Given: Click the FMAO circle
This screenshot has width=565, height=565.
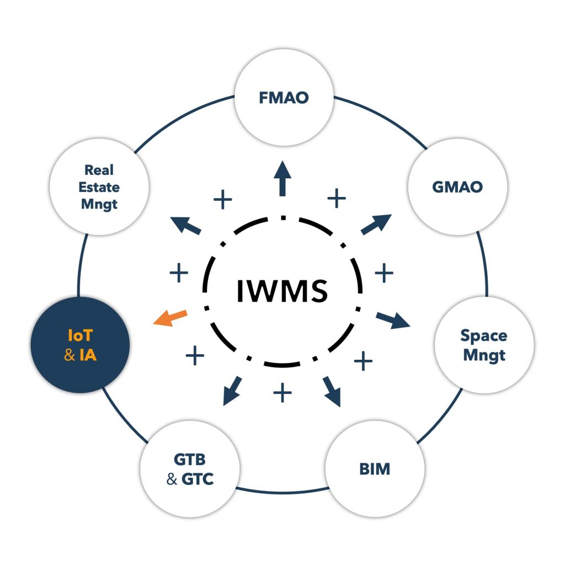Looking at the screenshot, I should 284,98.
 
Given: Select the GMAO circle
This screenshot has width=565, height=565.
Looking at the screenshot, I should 457,186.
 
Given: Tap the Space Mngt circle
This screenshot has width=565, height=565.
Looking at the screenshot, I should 484,345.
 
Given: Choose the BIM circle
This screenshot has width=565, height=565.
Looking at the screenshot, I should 375,470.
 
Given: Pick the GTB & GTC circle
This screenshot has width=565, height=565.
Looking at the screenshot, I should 189,468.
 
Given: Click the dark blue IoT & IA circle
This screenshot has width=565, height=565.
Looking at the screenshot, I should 80,345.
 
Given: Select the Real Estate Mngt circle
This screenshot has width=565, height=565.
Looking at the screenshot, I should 99,186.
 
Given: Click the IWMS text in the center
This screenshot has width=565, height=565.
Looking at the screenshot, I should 282,291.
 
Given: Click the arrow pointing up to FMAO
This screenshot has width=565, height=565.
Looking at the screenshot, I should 283,178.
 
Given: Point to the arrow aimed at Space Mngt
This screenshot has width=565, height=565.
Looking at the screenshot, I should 393,321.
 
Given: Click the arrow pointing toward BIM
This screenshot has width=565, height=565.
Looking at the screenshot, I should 332,391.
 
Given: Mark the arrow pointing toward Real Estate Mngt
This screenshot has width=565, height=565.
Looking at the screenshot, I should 186,225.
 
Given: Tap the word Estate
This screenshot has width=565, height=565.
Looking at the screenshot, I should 99,187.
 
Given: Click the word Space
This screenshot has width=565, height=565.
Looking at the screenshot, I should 484,335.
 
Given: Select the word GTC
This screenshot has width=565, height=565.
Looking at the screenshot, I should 197,479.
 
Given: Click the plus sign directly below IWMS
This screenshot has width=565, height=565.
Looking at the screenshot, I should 282,393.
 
